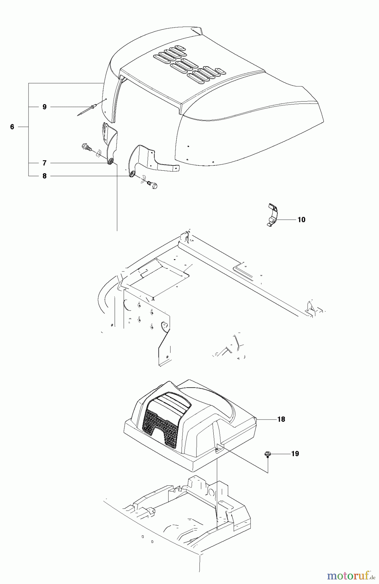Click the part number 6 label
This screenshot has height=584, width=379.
point(12,127)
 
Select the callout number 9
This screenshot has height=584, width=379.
point(44,107)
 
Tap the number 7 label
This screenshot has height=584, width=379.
point(44,163)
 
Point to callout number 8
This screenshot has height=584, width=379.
point(44,176)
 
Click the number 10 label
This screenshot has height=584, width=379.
point(301,220)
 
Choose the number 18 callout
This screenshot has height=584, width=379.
point(281,419)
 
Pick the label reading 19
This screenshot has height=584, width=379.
point(295,454)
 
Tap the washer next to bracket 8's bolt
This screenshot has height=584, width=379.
point(142,179)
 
